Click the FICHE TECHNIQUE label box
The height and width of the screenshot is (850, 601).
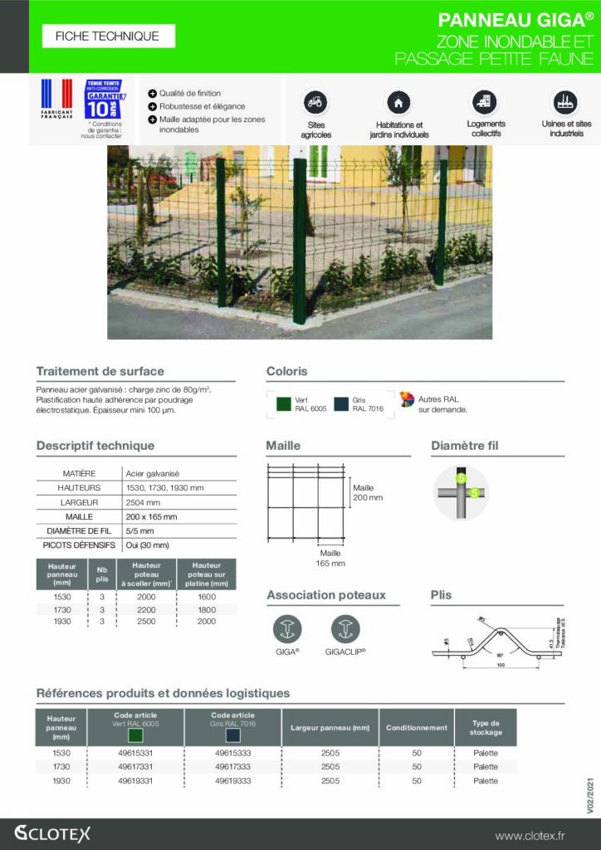pos(108,36)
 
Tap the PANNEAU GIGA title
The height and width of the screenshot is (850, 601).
pos(515,20)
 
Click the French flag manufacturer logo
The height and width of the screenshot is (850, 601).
pos(57,99)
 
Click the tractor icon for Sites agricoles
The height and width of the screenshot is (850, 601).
pos(315,102)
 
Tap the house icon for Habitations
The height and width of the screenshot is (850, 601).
pos(398,102)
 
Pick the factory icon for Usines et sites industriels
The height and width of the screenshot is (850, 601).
pos(565,102)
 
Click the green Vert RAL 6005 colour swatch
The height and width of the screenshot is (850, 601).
pos(283,404)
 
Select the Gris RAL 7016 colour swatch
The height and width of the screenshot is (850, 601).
pos(340,404)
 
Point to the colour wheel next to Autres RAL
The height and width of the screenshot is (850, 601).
pos(407,399)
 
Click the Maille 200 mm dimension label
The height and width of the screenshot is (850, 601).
pos(368,492)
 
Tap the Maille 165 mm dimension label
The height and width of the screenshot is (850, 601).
pos(330,558)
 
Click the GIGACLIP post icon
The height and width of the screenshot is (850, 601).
pos(345,628)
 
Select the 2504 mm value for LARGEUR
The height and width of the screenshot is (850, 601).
pos(143,502)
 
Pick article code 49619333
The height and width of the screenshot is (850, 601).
pos(232,781)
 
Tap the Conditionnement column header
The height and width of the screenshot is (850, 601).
pos(416,728)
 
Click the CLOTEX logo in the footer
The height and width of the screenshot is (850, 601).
pos(52,833)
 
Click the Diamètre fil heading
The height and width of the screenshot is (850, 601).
pos(464,447)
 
